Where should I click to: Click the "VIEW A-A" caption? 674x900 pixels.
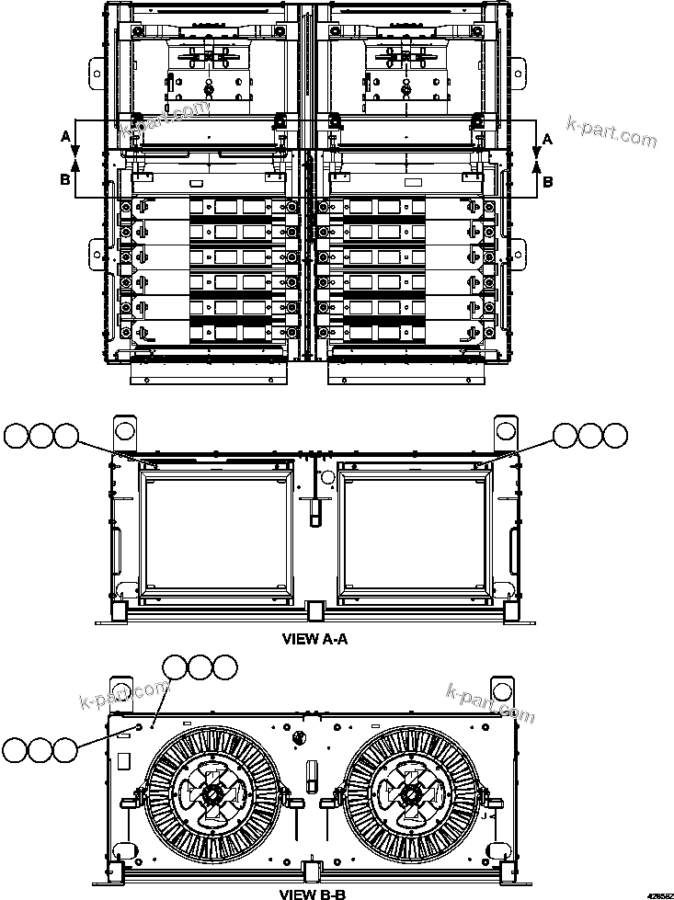314,641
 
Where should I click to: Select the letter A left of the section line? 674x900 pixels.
65,136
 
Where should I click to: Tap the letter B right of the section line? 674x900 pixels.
548,181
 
